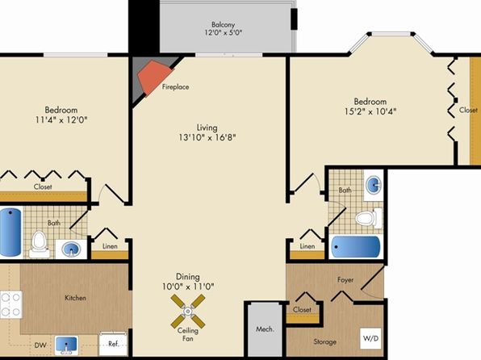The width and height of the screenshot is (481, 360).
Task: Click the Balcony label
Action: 223,24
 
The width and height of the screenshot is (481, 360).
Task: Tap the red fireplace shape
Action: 154,77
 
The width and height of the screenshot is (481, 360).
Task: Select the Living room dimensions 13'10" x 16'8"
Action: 207,137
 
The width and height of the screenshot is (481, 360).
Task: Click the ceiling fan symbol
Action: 188,311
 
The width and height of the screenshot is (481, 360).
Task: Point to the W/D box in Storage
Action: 370,338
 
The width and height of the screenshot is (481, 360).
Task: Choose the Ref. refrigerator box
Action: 113,344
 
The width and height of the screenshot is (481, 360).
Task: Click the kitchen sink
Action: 66,345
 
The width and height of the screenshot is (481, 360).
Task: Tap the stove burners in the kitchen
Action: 10,304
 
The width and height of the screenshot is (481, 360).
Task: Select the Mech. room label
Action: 265,329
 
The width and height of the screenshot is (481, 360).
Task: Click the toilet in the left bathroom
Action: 39,245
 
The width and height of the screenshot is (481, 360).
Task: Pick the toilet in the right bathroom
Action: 369,218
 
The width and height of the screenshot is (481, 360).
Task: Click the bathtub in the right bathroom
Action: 356,247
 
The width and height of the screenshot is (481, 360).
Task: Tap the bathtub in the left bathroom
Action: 10,232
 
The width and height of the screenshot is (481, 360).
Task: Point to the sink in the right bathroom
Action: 374,185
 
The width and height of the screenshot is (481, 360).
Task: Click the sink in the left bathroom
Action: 71,249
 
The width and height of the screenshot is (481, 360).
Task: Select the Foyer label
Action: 345,279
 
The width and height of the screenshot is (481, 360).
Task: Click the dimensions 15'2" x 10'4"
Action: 370,111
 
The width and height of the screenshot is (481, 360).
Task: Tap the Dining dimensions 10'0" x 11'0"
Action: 188,287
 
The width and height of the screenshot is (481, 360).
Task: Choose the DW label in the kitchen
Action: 40,345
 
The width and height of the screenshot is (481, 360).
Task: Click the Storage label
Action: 325,341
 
